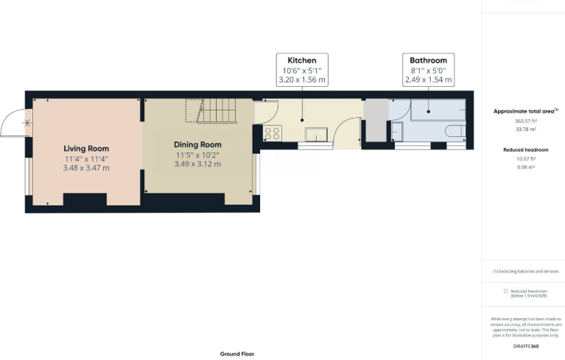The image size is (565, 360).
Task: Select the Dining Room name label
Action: click(197, 144)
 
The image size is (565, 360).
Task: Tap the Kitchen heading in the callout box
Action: click(302, 60)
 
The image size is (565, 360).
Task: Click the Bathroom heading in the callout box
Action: click(428, 60)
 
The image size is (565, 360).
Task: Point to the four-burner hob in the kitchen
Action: click(272, 133)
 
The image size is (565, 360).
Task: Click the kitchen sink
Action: click(318, 134)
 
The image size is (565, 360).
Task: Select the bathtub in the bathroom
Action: click(438, 110)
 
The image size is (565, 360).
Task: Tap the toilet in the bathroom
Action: click(455, 133)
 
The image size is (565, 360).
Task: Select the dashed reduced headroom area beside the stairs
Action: click(194, 112)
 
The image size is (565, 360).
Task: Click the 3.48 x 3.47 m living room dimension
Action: click(86, 168)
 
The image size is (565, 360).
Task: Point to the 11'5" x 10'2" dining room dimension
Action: click(197, 155)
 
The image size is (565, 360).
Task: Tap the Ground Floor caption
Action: click(237, 353)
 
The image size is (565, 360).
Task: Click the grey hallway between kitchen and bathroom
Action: click(374, 120)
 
